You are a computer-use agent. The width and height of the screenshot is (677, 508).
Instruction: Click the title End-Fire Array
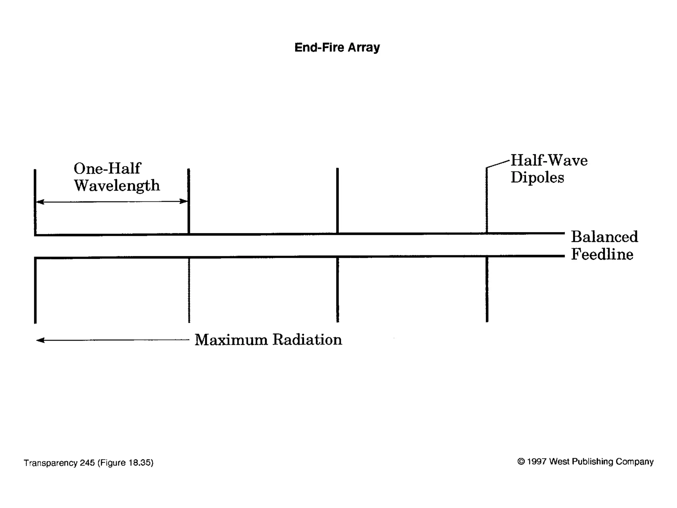337,47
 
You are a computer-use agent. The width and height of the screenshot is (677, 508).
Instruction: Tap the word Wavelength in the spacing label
117,186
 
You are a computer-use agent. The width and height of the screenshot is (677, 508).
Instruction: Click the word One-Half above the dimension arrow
107,168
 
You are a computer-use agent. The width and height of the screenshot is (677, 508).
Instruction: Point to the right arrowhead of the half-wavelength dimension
183,201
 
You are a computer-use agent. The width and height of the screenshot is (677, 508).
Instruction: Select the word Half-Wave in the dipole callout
549,160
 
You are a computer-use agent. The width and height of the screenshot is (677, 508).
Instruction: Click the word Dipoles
537,178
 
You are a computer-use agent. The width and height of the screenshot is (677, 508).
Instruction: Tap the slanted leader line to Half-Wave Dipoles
498,164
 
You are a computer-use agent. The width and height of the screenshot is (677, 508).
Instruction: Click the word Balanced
604,237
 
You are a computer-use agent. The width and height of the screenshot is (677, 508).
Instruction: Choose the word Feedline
602,254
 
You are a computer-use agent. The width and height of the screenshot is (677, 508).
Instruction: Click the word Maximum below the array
231,340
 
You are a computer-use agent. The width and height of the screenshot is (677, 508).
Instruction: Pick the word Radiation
307,340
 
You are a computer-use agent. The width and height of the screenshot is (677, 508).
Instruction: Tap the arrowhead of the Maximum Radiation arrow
40,340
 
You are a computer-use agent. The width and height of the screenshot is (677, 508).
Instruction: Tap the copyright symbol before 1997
521,461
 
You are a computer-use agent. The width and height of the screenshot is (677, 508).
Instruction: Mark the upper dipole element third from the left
337,200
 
